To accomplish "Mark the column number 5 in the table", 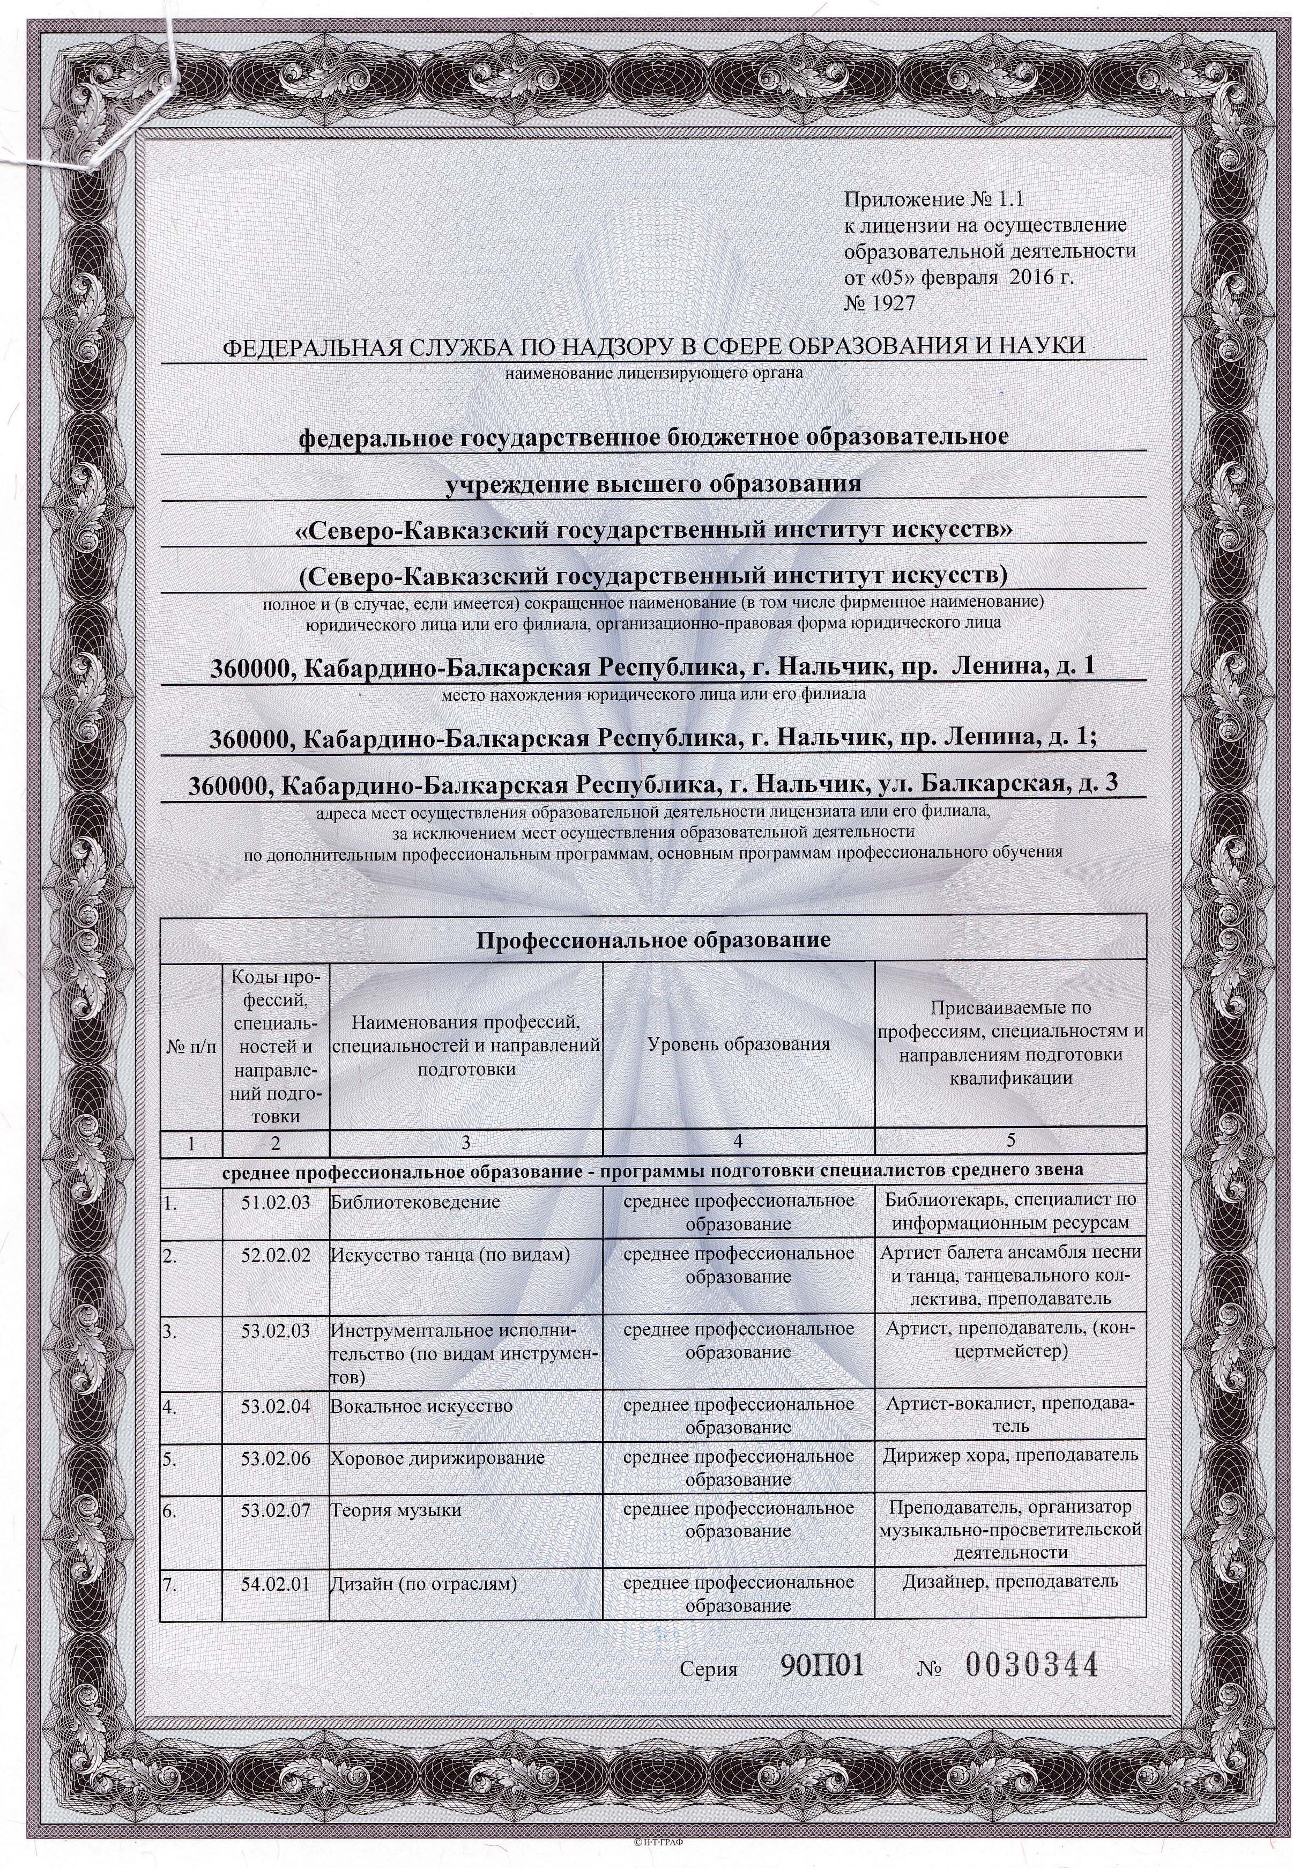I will click(1010, 1144).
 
